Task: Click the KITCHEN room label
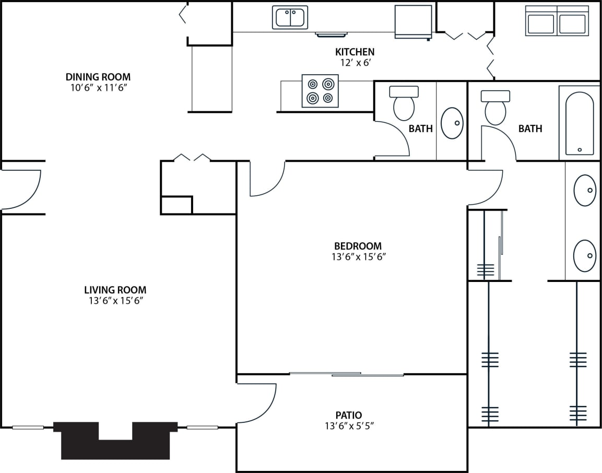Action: tap(355, 52)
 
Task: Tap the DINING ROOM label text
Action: tap(99, 77)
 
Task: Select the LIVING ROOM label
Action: tap(115, 290)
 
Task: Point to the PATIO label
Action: tap(349, 416)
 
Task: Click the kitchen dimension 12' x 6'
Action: tap(355, 62)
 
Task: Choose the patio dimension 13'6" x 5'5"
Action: tap(349, 426)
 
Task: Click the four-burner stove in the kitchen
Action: tap(320, 91)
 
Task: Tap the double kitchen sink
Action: tap(290, 17)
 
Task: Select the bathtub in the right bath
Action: tap(580, 123)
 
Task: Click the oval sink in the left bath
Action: tap(452, 123)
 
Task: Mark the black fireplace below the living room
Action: tap(115, 441)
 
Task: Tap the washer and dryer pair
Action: tap(557, 21)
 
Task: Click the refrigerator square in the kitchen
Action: tap(413, 21)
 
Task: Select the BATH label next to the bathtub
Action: tap(530, 128)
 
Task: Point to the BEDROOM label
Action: tap(358, 246)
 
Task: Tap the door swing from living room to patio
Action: tap(257, 403)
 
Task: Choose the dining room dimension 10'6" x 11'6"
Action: tap(99, 88)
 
